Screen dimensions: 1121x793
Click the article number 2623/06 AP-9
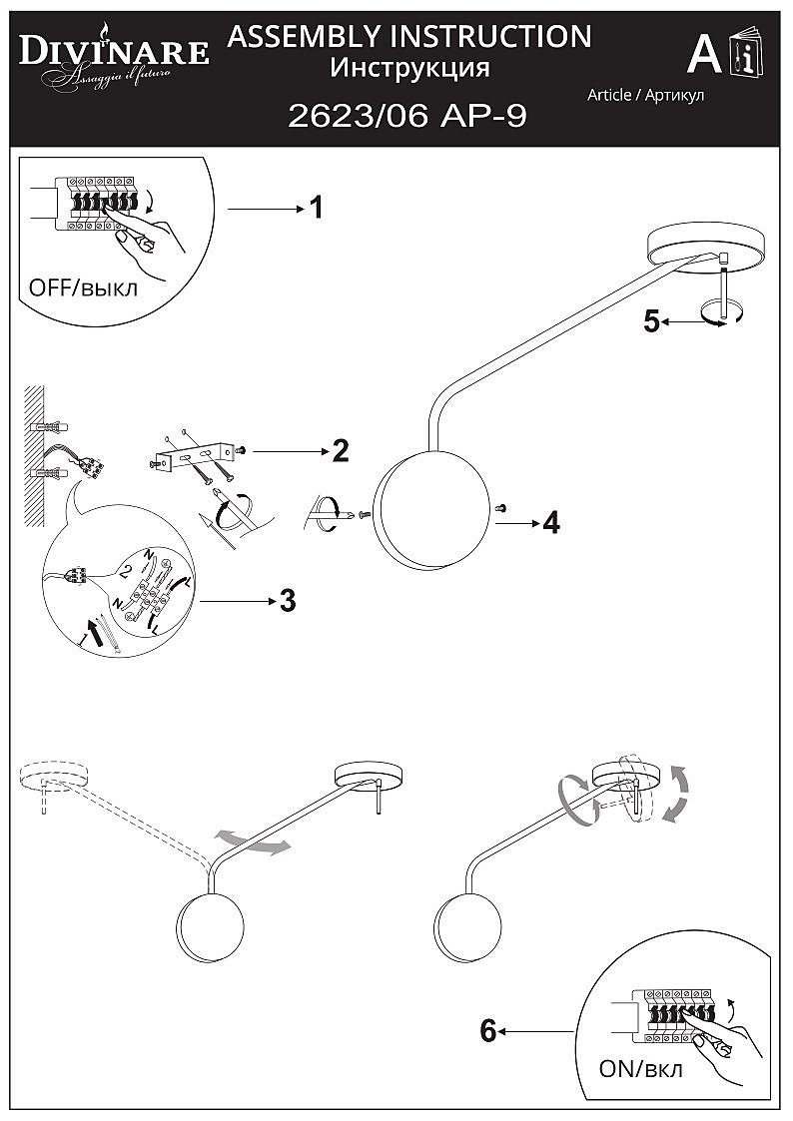pyautogui.click(x=406, y=117)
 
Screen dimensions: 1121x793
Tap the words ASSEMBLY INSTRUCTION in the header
pyautogui.click(x=409, y=37)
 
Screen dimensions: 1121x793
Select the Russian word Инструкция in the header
pyautogui.click(x=409, y=68)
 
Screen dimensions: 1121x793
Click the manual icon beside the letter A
pyautogui.click(x=746, y=54)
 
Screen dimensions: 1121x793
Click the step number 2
pyautogui.click(x=341, y=451)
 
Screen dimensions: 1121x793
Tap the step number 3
pyautogui.click(x=288, y=601)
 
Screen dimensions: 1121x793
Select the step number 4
pyautogui.click(x=550, y=522)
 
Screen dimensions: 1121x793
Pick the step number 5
pyautogui.click(x=651, y=321)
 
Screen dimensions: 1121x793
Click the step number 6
pyautogui.click(x=488, y=1030)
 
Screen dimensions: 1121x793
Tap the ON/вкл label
pyautogui.click(x=641, y=1069)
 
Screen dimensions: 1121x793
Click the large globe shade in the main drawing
pyautogui.click(x=433, y=507)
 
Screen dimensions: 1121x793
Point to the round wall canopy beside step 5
pyautogui.click(x=706, y=243)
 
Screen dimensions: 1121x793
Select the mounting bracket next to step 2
pyautogui.click(x=194, y=458)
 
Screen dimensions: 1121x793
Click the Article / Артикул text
pyautogui.click(x=645, y=95)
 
